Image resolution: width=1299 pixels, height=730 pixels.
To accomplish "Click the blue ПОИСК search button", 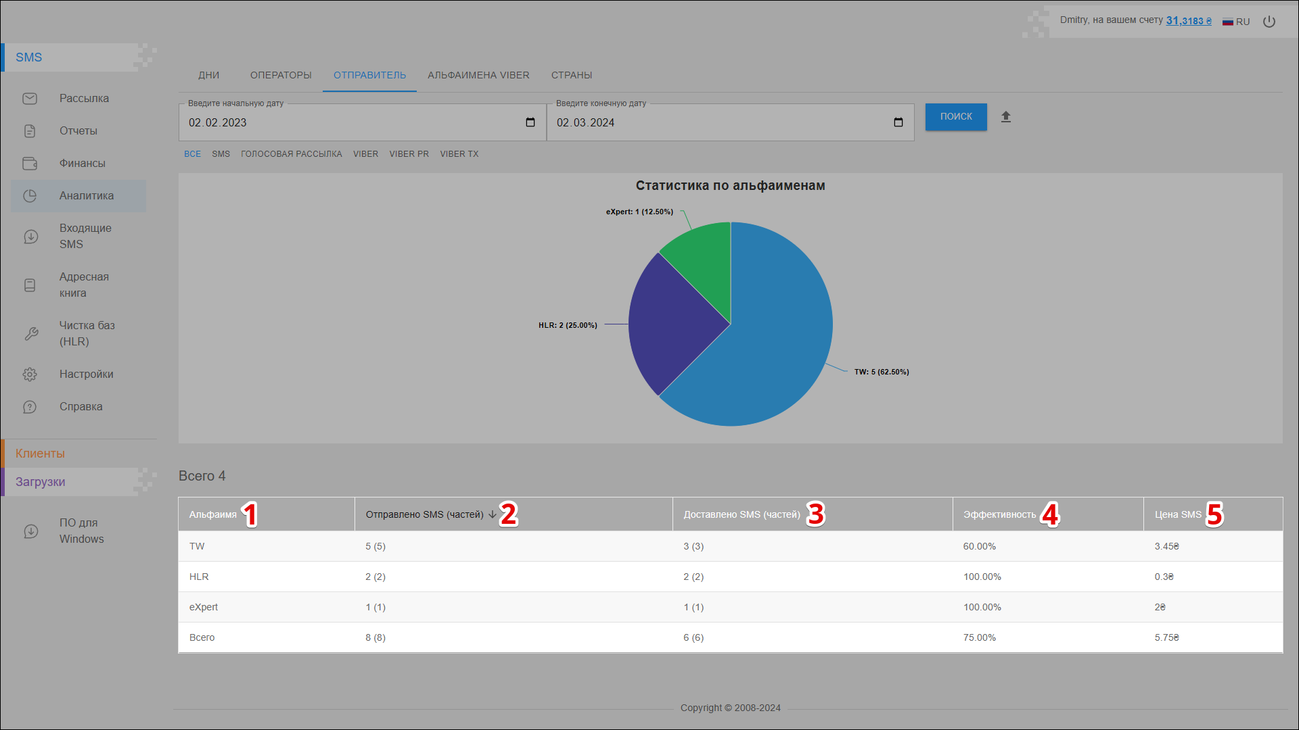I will click(955, 117).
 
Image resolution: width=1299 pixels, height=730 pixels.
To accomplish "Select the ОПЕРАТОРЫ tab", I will click(281, 75).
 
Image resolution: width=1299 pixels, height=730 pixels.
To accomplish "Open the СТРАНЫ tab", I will click(571, 75).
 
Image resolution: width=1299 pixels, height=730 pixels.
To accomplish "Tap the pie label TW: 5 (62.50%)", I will click(881, 372).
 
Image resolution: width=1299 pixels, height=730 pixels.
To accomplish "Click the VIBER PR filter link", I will click(409, 154).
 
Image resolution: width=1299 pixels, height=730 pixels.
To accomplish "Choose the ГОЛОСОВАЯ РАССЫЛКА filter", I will click(291, 154).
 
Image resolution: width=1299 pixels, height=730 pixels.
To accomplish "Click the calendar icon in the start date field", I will click(530, 122).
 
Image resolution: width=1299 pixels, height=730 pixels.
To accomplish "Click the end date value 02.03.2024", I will click(585, 122).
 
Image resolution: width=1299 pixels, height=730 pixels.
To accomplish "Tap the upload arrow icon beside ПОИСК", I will click(1006, 117).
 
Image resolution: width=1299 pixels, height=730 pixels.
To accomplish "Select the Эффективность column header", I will click(999, 514).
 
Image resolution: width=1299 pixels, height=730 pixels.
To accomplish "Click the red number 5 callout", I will click(1215, 514).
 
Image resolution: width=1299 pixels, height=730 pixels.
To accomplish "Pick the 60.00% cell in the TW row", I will click(979, 546).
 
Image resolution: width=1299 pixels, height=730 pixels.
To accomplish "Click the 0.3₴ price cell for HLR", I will click(1164, 577).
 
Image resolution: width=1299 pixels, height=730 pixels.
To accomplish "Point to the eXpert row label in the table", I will click(203, 607).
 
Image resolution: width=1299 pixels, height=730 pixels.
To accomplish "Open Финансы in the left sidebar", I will click(82, 163).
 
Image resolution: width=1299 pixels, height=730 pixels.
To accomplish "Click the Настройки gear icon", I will click(30, 374).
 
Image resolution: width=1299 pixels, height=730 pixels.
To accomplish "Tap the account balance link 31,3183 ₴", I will click(1188, 21).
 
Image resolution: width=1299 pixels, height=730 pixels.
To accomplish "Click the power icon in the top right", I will click(1269, 22).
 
